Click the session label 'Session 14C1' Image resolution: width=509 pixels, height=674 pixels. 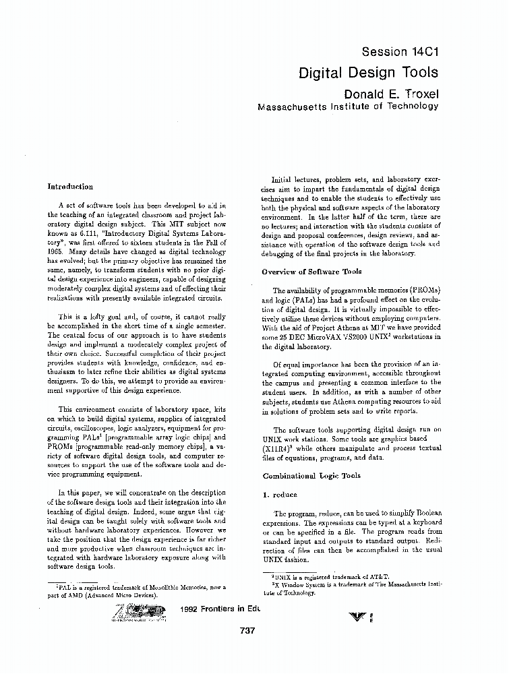pyautogui.click(x=400, y=52)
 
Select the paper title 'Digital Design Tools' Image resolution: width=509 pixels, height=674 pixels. pyautogui.click(x=368, y=72)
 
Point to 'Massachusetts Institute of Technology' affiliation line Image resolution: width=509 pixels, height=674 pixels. pyautogui.click(x=348, y=106)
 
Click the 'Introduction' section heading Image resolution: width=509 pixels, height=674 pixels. pyautogui.click(x=70, y=187)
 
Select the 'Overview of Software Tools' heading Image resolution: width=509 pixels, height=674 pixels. pyautogui.click(x=311, y=272)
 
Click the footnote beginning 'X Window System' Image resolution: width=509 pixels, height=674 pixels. pyautogui.click(x=351, y=588)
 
